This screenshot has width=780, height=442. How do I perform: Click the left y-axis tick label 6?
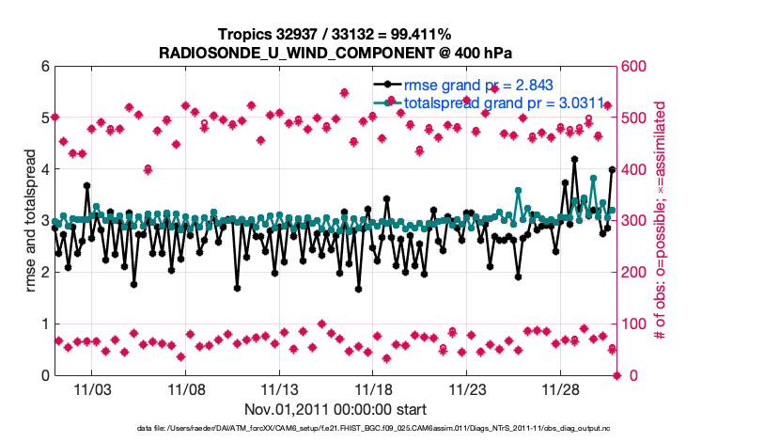[x=44, y=67]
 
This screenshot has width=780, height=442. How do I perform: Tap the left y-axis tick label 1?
[x=44, y=324]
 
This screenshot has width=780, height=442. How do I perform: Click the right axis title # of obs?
[x=661, y=221]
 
